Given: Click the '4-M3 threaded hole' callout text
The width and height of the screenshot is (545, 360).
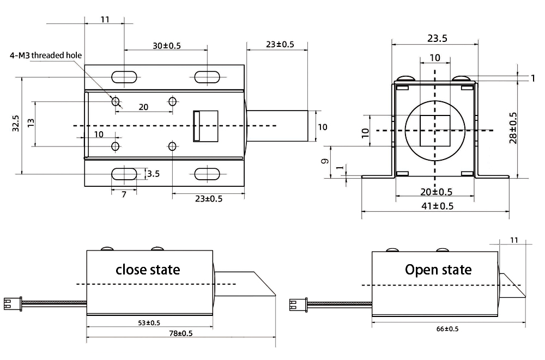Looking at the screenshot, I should [x=46, y=55].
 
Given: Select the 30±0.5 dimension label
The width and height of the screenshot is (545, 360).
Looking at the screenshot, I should [x=166, y=46].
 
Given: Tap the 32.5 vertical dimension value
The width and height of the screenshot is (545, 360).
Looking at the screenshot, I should [x=16, y=123].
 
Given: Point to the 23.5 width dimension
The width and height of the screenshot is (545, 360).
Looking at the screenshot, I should [x=437, y=38].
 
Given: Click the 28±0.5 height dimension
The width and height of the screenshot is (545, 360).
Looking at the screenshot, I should [x=513, y=127].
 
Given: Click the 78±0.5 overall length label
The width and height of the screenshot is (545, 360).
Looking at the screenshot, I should [x=180, y=333].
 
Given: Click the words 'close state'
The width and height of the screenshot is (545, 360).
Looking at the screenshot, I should [x=148, y=269].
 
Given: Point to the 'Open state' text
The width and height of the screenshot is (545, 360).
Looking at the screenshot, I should [x=438, y=269].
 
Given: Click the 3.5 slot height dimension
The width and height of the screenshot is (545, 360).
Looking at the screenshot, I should [x=153, y=174].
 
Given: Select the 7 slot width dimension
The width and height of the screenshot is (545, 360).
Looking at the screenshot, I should [x=124, y=194].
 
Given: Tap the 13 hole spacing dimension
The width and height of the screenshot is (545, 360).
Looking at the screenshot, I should [x=31, y=123].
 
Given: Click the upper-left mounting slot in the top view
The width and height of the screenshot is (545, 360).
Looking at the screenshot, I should [x=124, y=77].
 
